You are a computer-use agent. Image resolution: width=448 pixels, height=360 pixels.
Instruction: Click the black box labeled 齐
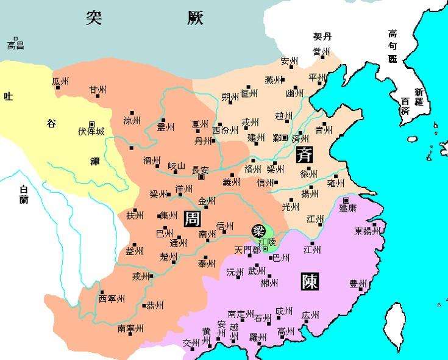(x=304, y=154)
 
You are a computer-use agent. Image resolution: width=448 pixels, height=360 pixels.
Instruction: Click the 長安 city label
(x=201, y=170)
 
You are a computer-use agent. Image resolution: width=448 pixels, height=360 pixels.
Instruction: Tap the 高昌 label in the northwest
(x=15, y=45)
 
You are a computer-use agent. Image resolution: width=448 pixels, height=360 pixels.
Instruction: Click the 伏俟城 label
(x=91, y=131)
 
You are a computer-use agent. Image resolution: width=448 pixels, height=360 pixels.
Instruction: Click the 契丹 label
(x=322, y=37)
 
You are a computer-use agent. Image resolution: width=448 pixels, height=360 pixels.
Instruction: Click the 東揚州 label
(x=368, y=231)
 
